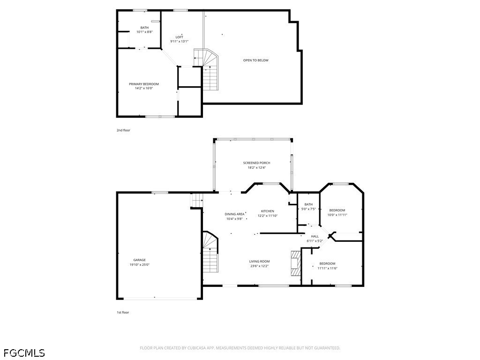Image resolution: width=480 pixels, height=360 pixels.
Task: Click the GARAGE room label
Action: coord(139,260)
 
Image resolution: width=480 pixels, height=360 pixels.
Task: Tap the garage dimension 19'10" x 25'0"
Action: coord(139,265)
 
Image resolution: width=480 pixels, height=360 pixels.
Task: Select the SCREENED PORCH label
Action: coord(256,163)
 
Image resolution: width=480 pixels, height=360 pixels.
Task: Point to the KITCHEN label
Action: coord(267,211)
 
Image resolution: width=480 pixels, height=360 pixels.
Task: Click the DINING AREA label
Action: coord(234,214)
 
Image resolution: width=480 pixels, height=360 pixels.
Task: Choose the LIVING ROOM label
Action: coord(259,262)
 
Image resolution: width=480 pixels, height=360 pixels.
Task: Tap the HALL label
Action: coord(315,236)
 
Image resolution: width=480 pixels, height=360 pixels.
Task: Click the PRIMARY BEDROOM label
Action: coord(144,84)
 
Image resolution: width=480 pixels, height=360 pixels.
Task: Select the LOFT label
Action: coord(179,37)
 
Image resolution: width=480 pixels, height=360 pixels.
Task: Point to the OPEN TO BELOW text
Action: coord(255,60)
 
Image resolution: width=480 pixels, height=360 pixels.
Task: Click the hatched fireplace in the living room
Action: coord(296,263)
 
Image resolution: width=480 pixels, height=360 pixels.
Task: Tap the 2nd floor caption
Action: coord(123,130)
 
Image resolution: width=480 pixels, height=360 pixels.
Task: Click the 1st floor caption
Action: coord(123,312)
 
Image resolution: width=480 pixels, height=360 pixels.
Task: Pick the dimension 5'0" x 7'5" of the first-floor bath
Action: coord(308,209)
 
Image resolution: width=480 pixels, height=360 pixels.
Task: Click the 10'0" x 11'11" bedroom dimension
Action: coord(337,215)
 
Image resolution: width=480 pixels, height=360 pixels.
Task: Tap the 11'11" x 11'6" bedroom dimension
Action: coord(327,269)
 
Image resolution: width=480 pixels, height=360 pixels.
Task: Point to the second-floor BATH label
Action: coord(144,28)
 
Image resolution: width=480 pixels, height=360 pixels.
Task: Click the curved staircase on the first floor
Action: coord(210,252)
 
